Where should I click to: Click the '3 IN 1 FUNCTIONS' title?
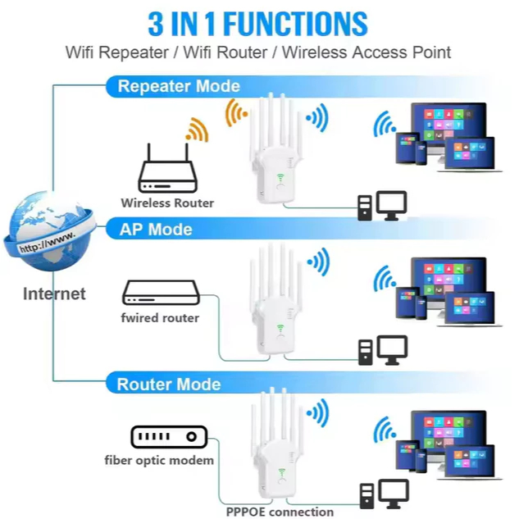coord(258,24)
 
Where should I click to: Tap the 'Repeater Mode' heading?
coord(179,86)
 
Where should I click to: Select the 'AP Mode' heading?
coord(156,229)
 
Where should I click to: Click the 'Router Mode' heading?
coord(168,384)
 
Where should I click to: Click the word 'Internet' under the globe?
coord(54,294)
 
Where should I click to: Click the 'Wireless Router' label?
coord(167,203)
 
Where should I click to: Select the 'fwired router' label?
coord(161,317)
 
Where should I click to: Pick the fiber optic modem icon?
coord(169,437)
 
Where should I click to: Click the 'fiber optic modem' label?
coord(159,460)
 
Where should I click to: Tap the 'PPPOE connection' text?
coord(280,512)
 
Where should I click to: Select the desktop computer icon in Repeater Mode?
coord(383,206)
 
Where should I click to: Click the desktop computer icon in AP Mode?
coord(383,350)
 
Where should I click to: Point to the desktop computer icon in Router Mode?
coord(383,494)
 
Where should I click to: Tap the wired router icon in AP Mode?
coord(161,293)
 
